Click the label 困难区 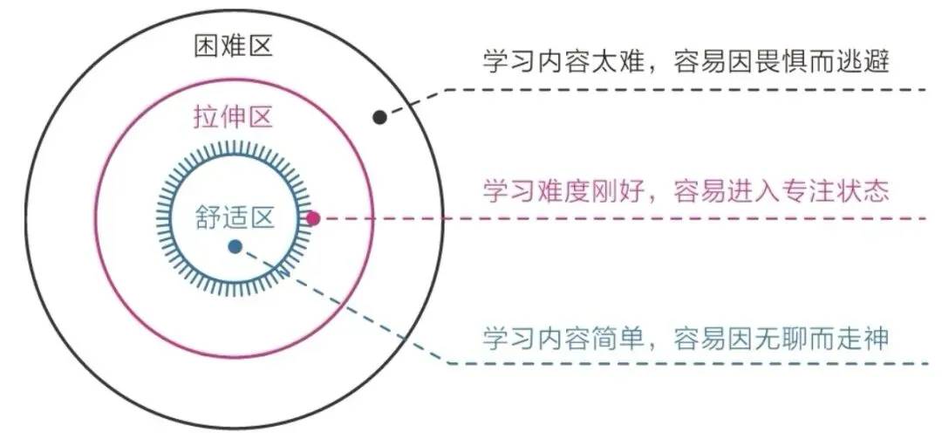pos(233,45)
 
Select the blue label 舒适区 pos(235,216)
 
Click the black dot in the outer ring pos(379,117)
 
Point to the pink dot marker pos(314,218)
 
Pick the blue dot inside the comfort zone pos(235,247)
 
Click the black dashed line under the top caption pos(680,90)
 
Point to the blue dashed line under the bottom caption pos(680,362)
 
